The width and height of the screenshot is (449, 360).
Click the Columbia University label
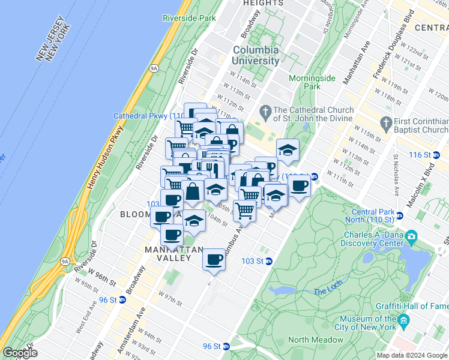coord(256,55)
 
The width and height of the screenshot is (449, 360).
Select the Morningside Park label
coord(312,82)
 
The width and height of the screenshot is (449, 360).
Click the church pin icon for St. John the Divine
coord(265,111)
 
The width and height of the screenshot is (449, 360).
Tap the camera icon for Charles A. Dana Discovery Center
coord(411,237)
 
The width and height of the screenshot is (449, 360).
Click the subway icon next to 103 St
coord(270,261)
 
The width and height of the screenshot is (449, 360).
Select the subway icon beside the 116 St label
coord(436,155)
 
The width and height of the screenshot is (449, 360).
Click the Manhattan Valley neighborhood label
coord(167,254)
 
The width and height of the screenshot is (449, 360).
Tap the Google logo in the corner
coord(20,353)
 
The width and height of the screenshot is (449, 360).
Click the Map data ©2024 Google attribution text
coord(412,355)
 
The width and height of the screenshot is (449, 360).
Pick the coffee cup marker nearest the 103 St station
coord(214,259)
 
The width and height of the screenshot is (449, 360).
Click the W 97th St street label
coord(170,298)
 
